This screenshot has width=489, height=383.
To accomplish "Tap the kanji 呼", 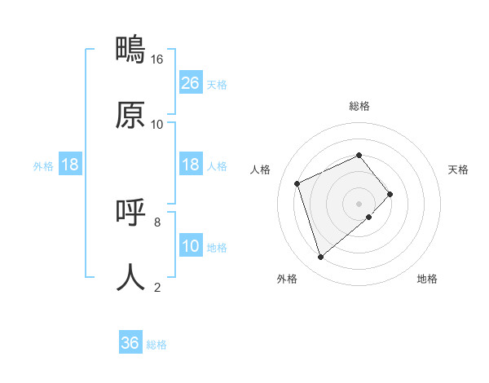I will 130,213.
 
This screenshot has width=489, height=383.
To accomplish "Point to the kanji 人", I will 130,277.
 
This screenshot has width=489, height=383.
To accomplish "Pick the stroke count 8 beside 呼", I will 157,222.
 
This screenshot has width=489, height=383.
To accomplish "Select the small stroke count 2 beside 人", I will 157,287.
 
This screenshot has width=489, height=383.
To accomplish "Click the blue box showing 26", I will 190,83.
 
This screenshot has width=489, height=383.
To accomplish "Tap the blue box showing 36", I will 130,343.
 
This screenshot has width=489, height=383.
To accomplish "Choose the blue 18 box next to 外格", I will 70,165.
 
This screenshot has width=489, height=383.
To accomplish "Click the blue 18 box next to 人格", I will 190,165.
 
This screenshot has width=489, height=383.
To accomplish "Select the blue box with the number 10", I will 190,246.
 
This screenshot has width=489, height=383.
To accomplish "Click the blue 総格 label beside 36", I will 156,345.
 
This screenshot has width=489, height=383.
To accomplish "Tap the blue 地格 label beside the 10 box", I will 217,248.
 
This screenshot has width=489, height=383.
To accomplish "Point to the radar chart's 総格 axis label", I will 359,106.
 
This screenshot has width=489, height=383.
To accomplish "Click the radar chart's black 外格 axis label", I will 287,279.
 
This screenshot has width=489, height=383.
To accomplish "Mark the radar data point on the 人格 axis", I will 298,183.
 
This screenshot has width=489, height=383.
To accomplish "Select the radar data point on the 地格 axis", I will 369,217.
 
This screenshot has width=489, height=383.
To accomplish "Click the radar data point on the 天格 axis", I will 390,194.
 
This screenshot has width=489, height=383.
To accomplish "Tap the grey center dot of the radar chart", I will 359,203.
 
